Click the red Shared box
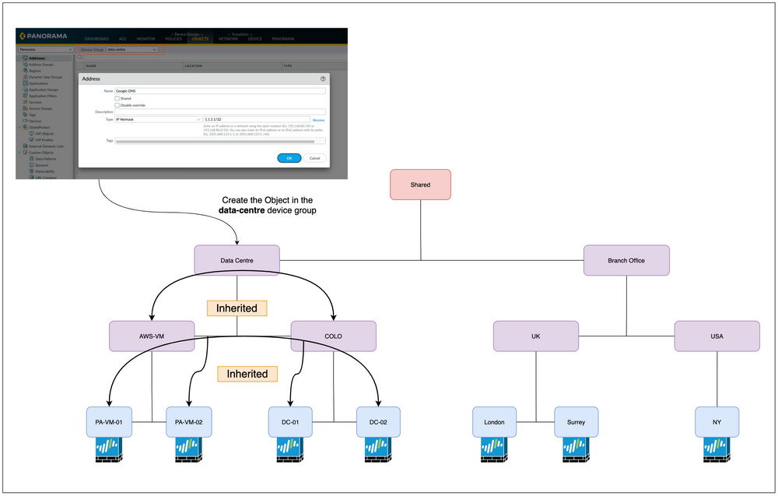click(x=420, y=185)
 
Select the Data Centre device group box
click(x=237, y=260)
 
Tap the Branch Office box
click(x=626, y=260)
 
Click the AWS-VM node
click(x=152, y=336)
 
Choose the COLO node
click(x=333, y=336)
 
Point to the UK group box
click(x=535, y=336)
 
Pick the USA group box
click(x=717, y=336)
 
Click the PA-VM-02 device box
click(x=188, y=422)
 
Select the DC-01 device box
click(x=290, y=422)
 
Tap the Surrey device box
click(x=576, y=422)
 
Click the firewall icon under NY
click(x=717, y=451)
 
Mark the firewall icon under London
click(x=495, y=451)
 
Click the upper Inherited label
click(x=237, y=308)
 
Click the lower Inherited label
click(x=247, y=374)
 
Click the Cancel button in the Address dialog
click(x=314, y=158)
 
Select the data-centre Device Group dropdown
click(x=131, y=49)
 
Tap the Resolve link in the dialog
click(x=318, y=120)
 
